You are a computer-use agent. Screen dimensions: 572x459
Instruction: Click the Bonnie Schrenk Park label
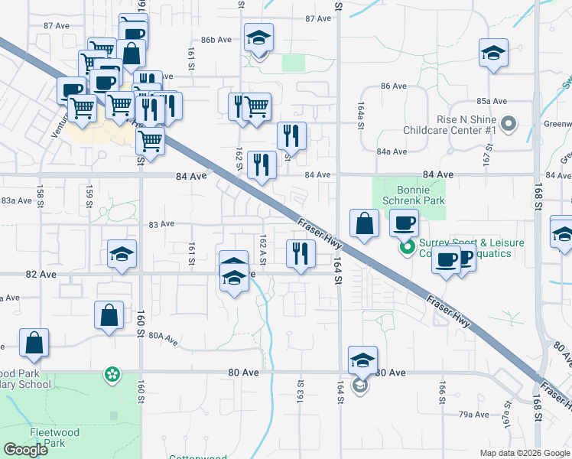(408, 194)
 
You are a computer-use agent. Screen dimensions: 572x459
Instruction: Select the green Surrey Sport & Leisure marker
(408, 248)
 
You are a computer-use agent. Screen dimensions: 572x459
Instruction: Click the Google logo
(26, 450)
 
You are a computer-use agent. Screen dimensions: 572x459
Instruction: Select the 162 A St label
(263, 250)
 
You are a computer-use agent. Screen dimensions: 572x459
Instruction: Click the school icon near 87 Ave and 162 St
(259, 38)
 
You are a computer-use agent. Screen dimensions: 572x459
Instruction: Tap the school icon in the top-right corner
(493, 54)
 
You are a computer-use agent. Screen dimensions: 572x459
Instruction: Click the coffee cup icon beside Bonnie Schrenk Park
(404, 223)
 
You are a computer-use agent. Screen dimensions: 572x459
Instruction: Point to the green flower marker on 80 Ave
(112, 374)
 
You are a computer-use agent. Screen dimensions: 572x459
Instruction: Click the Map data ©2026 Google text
(525, 453)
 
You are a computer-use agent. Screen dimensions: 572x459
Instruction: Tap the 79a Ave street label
(473, 414)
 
